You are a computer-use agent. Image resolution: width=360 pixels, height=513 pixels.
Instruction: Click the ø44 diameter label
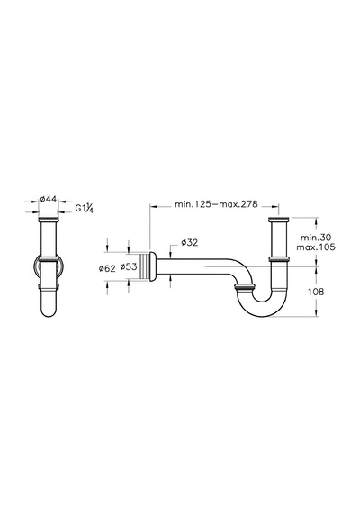(48, 199)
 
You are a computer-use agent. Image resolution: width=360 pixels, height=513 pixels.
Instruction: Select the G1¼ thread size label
(85, 208)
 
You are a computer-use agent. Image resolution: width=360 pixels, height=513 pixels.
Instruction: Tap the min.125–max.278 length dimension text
(216, 204)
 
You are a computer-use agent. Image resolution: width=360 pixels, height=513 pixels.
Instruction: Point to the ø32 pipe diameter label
(190, 242)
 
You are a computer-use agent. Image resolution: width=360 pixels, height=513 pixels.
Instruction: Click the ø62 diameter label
(107, 268)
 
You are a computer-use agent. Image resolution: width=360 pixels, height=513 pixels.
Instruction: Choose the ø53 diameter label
(129, 266)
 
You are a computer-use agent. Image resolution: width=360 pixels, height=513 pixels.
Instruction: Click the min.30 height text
(316, 238)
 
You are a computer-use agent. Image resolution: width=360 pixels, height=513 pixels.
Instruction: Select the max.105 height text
(316, 247)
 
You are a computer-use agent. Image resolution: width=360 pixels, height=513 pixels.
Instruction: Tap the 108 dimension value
(316, 292)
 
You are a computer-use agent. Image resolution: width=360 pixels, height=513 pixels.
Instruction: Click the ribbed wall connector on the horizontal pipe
(144, 266)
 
